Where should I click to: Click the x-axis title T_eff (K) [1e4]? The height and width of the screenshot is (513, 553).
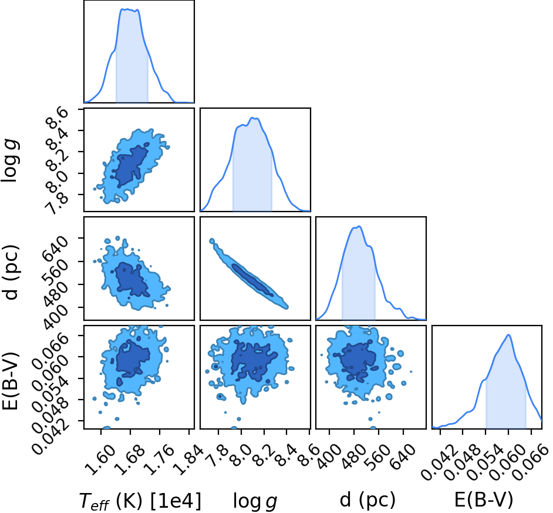[140, 501]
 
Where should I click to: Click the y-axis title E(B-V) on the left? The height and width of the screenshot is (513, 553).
[10, 381]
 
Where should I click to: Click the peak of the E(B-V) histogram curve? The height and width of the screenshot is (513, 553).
[508, 335]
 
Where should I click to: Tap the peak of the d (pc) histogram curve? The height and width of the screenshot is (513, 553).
[359, 226]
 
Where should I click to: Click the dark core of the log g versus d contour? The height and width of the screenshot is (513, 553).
[252, 280]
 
